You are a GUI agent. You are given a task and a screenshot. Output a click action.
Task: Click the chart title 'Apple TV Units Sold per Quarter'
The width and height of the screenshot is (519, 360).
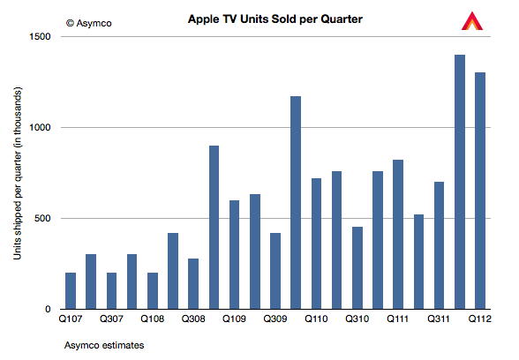tap(275, 19)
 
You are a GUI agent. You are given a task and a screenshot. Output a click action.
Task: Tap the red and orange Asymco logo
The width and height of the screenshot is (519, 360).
tap(472, 21)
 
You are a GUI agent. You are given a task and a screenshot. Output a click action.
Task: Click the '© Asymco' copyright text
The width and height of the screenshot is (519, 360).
tap(88, 23)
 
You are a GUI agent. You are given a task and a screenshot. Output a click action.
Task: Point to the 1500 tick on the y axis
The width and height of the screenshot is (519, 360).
tap(40, 36)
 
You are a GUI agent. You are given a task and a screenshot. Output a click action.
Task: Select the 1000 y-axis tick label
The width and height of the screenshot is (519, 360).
tap(40, 127)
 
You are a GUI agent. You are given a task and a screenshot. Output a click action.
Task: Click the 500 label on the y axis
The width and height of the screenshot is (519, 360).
tap(42, 219)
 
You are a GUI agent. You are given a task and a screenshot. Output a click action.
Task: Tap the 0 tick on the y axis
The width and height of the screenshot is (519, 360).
tap(48, 310)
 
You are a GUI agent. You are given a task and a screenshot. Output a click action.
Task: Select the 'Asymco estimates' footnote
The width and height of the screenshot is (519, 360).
tap(104, 346)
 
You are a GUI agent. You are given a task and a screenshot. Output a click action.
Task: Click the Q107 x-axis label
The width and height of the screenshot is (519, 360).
tap(71, 319)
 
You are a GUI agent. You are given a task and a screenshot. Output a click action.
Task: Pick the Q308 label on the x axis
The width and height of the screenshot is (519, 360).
tap(193, 319)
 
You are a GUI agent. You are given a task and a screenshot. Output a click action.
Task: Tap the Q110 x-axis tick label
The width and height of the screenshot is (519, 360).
tap(316, 319)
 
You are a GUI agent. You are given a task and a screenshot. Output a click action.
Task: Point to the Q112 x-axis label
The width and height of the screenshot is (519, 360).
tap(480, 319)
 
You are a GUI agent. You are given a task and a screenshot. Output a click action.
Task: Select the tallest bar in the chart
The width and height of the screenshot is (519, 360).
tap(460, 182)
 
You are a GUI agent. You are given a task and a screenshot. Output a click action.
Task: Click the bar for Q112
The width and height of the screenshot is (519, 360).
tap(480, 191)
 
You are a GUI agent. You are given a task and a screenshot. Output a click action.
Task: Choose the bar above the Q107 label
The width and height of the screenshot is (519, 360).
tap(71, 291)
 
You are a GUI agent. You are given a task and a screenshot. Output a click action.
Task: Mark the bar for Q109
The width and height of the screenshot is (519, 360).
tap(235, 255)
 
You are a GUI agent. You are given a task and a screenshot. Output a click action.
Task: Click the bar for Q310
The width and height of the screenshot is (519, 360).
tap(357, 268)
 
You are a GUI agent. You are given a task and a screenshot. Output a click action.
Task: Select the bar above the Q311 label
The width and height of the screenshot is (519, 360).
tap(440, 245)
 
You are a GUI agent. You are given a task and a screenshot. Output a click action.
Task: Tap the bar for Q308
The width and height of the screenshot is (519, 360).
tap(193, 284)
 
